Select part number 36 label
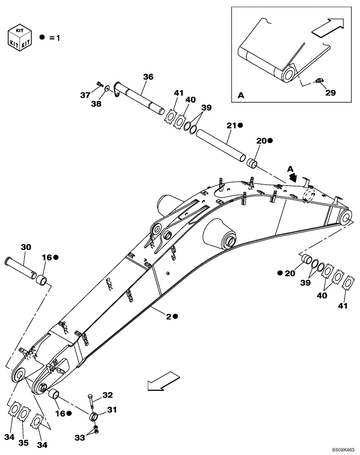tap(148, 77)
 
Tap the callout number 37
tap(85, 95)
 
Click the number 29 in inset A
tap(330, 92)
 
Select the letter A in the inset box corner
tap(240, 96)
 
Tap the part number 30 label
tap(26, 247)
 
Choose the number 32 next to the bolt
tap(107, 395)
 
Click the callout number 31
tap(112, 409)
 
